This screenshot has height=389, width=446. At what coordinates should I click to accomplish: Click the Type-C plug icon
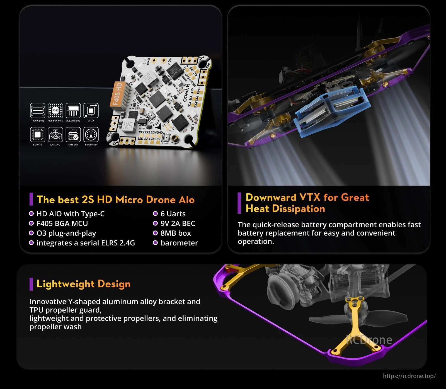pyautogui.click(x=38, y=111)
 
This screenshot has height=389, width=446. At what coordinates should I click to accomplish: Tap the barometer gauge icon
pyautogui.click(x=91, y=135)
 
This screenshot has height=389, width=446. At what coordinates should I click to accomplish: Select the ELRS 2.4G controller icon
pyautogui.click(x=55, y=135)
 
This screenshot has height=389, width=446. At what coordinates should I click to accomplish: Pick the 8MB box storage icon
pyautogui.click(x=73, y=135)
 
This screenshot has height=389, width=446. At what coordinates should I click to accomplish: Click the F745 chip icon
pyautogui.click(x=55, y=111)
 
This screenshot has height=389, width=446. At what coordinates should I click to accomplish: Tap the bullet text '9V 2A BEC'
pyautogui.click(x=178, y=223)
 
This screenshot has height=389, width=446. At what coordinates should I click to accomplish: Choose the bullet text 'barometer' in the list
pyautogui.click(x=179, y=243)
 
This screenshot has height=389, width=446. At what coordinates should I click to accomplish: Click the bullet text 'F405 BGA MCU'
pyautogui.click(x=62, y=223)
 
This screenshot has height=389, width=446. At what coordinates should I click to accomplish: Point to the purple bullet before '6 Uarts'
pyautogui.click(x=155, y=214)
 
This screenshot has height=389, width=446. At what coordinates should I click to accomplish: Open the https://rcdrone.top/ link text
pyautogui.click(x=409, y=376)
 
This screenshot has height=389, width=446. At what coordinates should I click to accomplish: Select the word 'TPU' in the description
pyautogui.click(x=37, y=310)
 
